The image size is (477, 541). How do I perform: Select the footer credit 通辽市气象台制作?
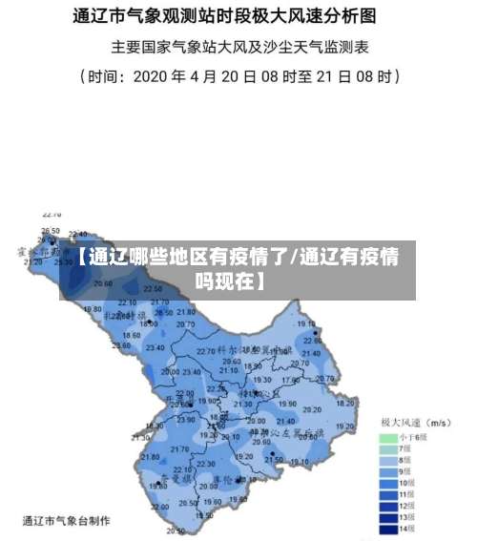tap(66, 521)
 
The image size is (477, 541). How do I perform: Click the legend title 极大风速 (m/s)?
tap(416, 421)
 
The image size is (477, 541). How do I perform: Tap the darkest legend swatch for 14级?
tap(388, 528)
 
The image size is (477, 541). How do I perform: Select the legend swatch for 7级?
tap(388, 447)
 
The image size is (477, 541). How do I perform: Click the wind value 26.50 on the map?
tap(51, 231)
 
